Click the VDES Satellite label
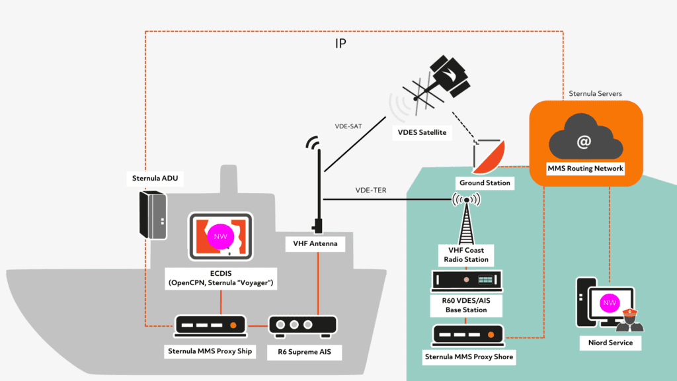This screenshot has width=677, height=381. coord(421,133)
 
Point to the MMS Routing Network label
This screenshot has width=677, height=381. coord(585,169)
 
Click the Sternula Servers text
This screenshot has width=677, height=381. coord(595,94)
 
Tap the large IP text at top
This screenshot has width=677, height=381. coord(340,44)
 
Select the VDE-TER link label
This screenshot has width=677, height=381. coord(371,190)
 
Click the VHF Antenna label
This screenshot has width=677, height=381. coord(315,243)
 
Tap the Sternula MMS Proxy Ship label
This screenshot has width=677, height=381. coord(210,351)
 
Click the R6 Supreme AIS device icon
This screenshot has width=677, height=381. coord(302,325)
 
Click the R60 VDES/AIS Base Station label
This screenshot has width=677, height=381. coord(466,305)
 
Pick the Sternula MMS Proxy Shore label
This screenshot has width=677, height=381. coord(468,357)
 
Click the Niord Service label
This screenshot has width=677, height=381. coord(610,343)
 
